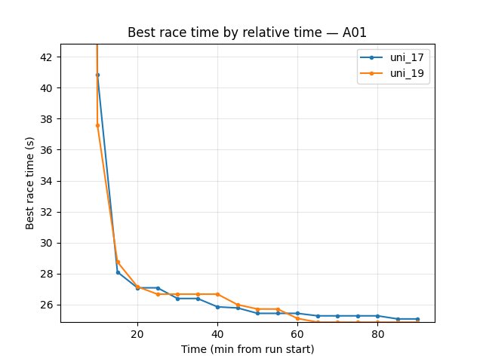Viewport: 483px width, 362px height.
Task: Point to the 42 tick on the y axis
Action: coord(47,57)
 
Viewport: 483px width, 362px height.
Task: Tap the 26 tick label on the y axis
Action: coord(47,305)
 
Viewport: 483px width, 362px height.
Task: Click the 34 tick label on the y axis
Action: coord(47,181)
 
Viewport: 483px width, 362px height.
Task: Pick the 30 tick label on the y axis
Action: coord(47,243)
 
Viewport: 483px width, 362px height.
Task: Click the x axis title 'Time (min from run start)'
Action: coord(248,349)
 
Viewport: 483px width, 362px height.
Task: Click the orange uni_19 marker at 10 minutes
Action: coord(97,125)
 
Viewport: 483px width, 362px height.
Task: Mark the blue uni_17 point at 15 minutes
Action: coord(118,272)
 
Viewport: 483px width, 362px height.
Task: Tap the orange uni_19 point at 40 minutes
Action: coord(217,294)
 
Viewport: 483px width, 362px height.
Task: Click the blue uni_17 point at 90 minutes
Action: coord(417,319)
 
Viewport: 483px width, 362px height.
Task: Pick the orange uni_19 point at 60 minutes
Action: coord(297,318)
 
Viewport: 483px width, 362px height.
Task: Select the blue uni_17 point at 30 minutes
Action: coord(177,299)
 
